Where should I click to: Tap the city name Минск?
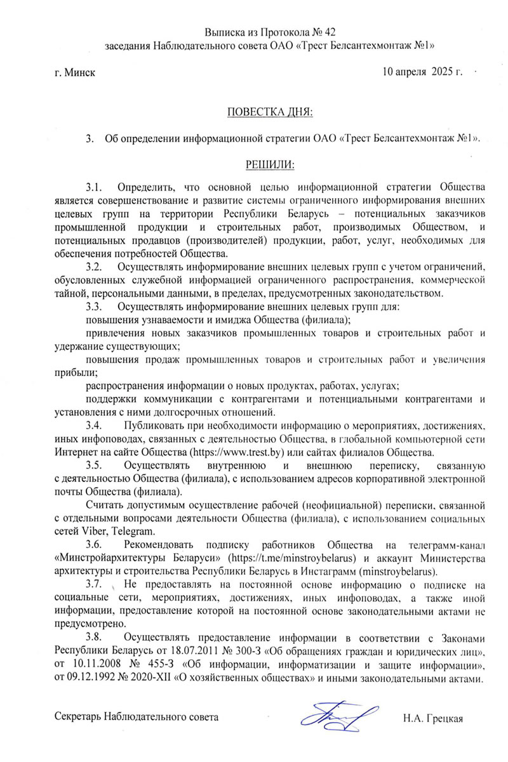pos(83,72)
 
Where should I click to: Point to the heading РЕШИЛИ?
pos(270,164)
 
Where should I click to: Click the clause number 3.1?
pos(94,187)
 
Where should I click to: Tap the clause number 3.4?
pos(94,425)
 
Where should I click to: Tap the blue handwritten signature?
pos(340,716)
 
